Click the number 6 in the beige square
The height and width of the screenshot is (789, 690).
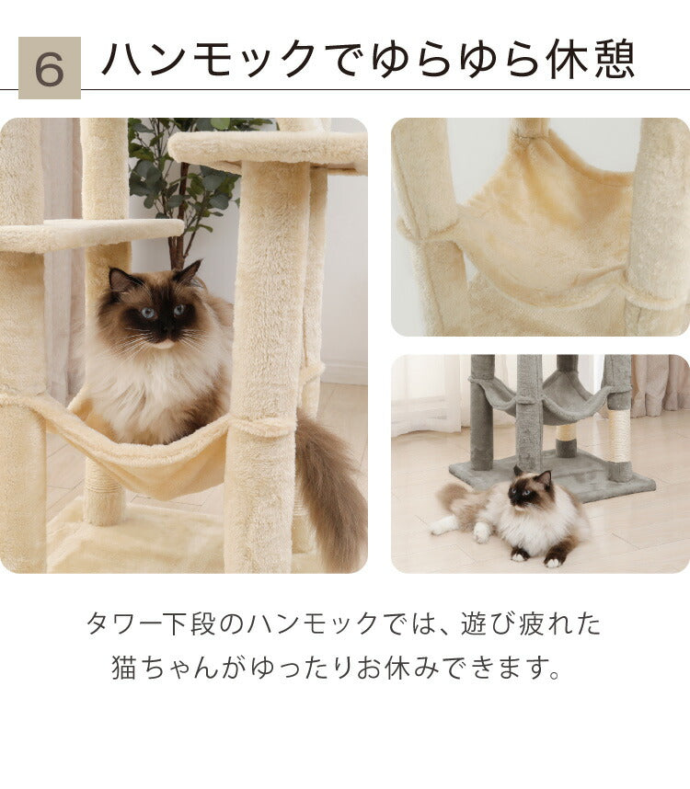[x=49, y=68]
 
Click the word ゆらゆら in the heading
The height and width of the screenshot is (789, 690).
[x=460, y=61]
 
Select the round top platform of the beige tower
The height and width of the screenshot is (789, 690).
[x=267, y=147]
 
